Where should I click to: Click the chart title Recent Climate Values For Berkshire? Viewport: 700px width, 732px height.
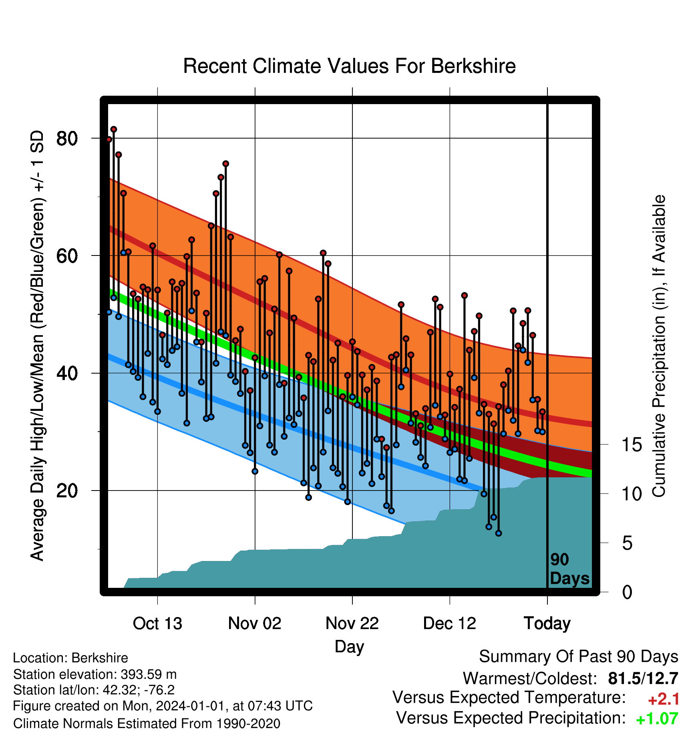pos(349,66)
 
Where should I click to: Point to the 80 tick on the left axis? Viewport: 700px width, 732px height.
pos(67,139)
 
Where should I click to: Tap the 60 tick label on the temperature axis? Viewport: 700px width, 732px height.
pos(67,256)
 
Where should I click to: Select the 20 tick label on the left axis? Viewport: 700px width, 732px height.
pos(67,491)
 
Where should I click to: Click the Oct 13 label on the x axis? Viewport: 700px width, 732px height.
pos(157,623)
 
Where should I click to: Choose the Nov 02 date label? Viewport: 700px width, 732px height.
pos(255,623)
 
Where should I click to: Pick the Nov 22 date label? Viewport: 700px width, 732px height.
pos(352,623)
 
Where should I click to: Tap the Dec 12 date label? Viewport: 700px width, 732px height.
pos(450,623)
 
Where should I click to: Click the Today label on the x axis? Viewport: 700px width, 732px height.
pos(547,624)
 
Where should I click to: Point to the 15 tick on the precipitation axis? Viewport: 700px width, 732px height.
pos(632,445)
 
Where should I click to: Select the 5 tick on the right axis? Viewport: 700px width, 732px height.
pos(627,543)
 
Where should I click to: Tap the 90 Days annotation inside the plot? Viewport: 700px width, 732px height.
pos(569,569)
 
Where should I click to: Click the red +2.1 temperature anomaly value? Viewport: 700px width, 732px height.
pos(664,699)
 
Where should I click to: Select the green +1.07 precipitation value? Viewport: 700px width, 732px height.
pos(657,719)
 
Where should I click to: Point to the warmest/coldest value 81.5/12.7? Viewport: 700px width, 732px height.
pos(643,678)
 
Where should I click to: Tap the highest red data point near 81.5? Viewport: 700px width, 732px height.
pos(114,129)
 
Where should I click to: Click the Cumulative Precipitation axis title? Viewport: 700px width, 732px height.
pos(659,346)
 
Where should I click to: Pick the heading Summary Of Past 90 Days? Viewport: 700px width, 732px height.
pos(579,657)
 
